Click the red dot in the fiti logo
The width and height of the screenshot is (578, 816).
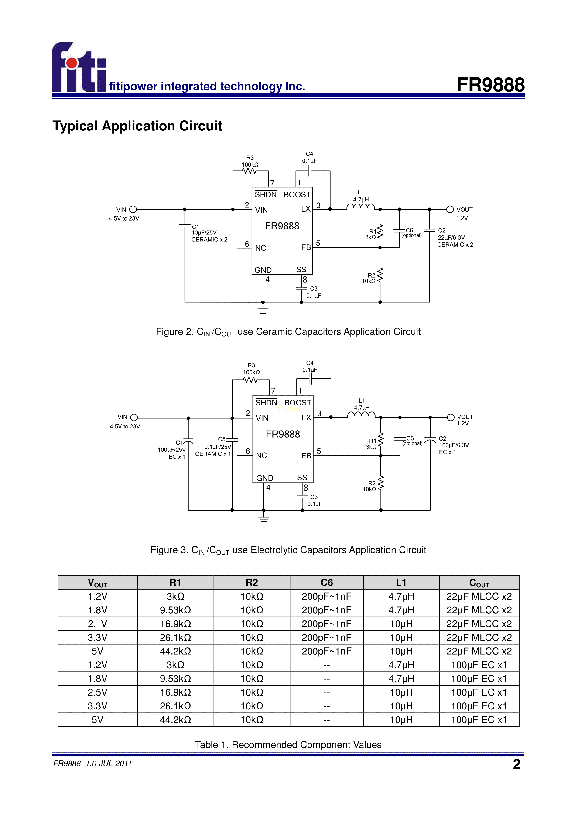(72, 63)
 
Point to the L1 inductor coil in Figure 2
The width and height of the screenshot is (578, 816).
(361, 207)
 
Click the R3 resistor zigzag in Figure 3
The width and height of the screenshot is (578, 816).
(251, 380)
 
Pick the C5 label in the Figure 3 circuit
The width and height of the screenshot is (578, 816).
(221, 439)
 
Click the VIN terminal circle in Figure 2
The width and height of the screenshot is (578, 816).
(133, 209)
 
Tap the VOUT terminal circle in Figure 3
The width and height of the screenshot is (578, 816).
(451, 417)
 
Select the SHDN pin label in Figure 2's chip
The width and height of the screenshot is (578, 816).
(266, 195)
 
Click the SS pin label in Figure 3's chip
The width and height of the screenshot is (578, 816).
(302, 478)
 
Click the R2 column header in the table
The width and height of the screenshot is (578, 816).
(252, 582)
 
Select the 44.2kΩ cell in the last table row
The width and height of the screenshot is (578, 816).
(175, 720)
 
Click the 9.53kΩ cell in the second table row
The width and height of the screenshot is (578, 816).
(175, 610)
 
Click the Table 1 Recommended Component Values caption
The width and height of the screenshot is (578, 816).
(288, 745)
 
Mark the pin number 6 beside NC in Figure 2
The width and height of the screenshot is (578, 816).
(247, 244)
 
